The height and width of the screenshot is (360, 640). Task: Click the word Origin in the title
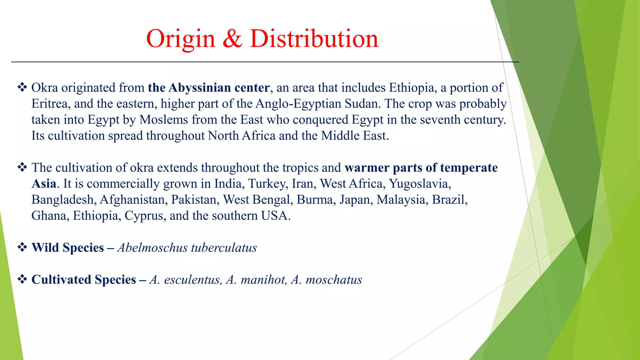tap(181, 39)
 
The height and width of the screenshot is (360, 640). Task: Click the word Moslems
tap(164, 120)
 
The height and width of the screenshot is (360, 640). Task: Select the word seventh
tap(440, 120)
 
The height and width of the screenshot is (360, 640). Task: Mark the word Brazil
tap(450, 200)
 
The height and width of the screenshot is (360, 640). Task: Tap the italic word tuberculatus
tap(224, 247)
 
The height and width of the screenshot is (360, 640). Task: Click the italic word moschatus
tap(334, 280)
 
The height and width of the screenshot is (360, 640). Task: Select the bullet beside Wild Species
tap(22, 247)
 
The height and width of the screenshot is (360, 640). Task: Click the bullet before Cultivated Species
tap(22, 279)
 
